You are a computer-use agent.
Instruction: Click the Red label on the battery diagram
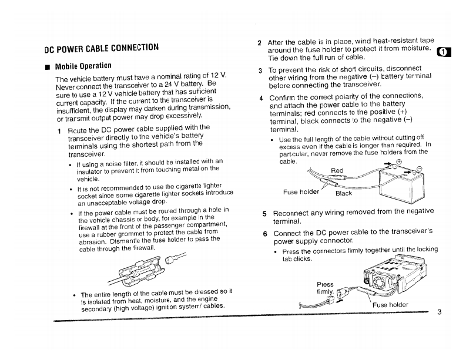[x=337, y=171]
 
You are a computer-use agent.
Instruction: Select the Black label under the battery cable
[x=343, y=193]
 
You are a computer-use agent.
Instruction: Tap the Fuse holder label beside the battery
[x=300, y=190]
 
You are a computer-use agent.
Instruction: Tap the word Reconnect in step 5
[x=295, y=211]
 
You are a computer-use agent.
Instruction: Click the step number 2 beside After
[x=260, y=42]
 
